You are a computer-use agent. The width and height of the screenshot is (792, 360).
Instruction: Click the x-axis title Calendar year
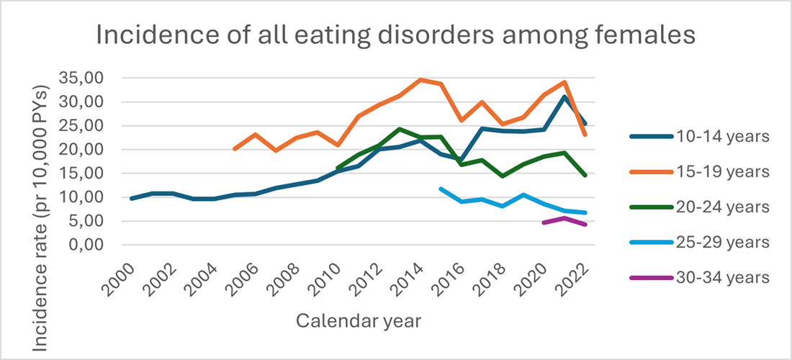[358, 320]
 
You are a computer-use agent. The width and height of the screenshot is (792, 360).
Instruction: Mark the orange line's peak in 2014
[420, 80]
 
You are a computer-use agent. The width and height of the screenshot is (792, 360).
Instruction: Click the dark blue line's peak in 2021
[565, 96]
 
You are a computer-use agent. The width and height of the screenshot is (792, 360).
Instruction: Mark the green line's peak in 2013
[400, 129]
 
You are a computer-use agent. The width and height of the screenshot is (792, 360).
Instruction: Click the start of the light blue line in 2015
[441, 189]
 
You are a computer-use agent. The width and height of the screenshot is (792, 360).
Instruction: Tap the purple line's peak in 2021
[565, 217]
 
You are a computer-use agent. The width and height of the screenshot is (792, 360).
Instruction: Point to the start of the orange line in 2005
[234, 149]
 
